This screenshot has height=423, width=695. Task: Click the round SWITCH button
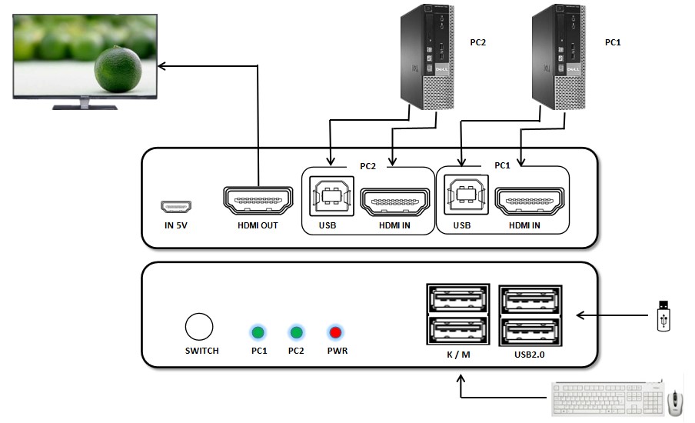click(x=199, y=327)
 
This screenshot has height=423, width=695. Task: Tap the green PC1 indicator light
click(x=258, y=332)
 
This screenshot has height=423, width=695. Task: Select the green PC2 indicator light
click(x=296, y=332)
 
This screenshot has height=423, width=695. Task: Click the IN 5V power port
click(x=176, y=207)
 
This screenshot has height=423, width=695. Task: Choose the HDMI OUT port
click(x=258, y=200)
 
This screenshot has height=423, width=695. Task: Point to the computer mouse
click(x=675, y=401)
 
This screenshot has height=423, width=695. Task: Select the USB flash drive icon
click(x=664, y=315)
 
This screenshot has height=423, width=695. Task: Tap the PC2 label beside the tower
click(x=477, y=42)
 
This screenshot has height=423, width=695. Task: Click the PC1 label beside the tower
click(x=612, y=42)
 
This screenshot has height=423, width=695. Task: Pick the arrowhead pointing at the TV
click(x=162, y=67)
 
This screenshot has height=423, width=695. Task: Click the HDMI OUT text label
click(x=258, y=225)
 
